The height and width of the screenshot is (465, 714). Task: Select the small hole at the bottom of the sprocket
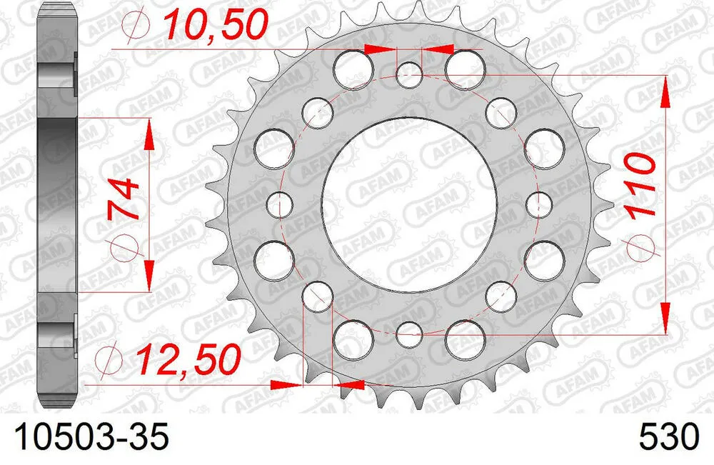(409, 333)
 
